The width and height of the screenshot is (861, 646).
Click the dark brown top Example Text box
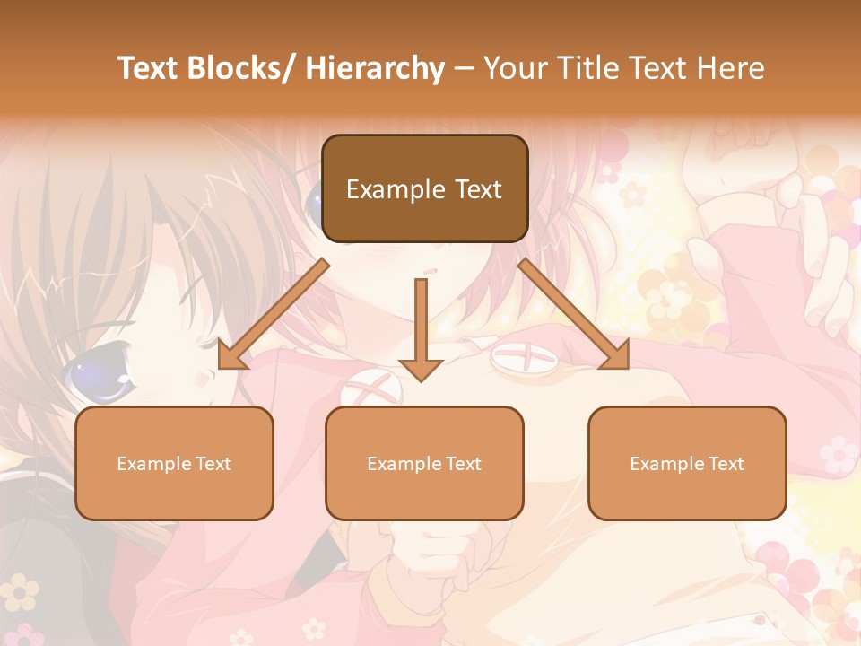click(x=424, y=188)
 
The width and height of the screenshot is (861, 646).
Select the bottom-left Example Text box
click(x=174, y=463)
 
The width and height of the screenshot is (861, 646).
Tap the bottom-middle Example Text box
click(x=424, y=463)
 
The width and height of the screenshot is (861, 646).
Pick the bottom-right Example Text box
click(x=687, y=463)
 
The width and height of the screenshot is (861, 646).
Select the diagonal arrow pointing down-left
click(x=274, y=314)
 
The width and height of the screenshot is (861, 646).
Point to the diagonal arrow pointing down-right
click(x=574, y=314)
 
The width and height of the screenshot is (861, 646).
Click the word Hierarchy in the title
click(x=375, y=68)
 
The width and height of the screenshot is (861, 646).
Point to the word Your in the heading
click(x=514, y=68)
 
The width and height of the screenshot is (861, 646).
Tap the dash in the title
click(x=464, y=68)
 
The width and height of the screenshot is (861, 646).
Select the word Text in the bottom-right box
click(x=727, y=464)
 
